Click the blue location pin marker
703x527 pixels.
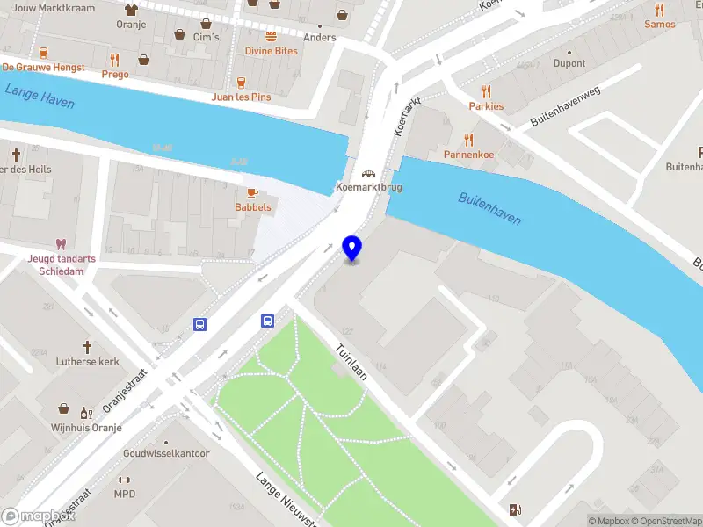click(352, 248)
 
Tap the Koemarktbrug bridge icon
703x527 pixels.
click(370, 174)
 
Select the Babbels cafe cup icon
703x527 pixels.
click(252, 192)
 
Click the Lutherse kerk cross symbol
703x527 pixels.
click(87, 347)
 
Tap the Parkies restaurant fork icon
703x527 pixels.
click(486, 91)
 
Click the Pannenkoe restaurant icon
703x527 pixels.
click(468, 140)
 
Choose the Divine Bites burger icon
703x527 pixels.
click(271, 36)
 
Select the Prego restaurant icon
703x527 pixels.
click(114, 60)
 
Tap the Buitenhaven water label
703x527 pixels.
click(489, 209)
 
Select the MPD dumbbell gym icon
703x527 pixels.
click(124, 480)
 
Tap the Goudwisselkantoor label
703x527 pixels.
click(166, 453)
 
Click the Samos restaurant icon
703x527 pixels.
click(660, 10)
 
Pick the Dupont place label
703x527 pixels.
click(569, 63)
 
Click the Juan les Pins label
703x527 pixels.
click(242, 97)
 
